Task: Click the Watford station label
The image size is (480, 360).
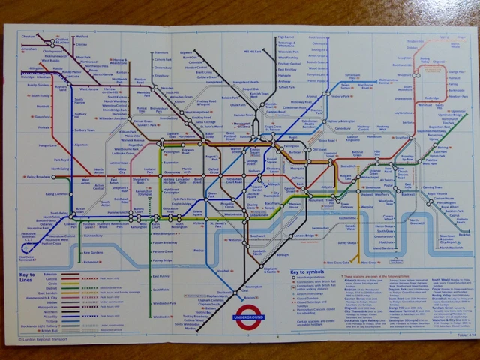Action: [83, 36]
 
